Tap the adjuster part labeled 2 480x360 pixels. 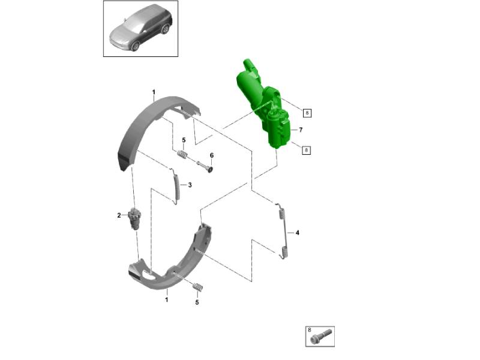point(134,218)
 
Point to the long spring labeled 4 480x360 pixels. point(284,231)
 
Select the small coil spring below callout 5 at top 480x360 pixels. point(182,155)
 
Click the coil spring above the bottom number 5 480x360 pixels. point(198,287)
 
